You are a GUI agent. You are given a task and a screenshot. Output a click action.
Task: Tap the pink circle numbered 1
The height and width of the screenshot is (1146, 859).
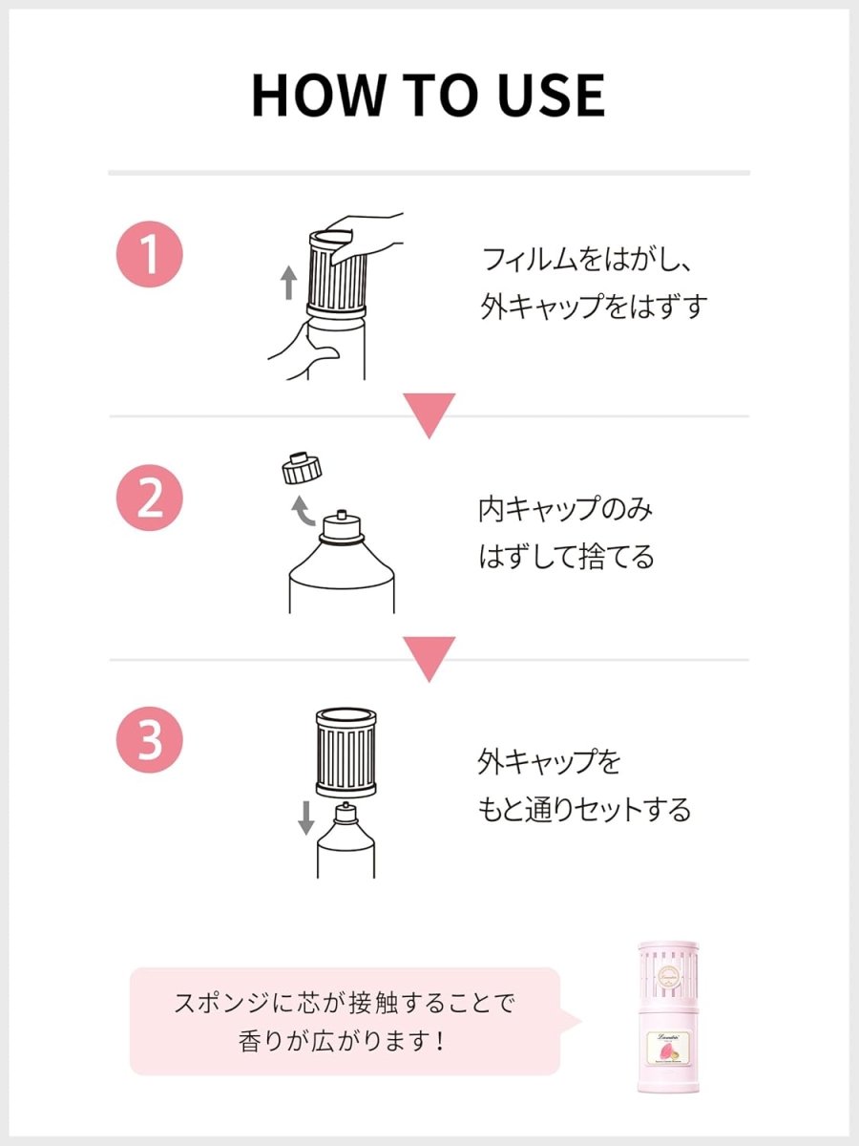[149, 256]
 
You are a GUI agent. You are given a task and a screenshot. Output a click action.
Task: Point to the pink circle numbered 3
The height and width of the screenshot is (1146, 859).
[149, 740]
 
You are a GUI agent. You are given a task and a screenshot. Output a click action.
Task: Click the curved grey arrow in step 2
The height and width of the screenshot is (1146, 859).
[304, 513]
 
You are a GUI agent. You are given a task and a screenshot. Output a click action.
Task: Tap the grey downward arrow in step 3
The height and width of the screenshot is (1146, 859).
[305, 817]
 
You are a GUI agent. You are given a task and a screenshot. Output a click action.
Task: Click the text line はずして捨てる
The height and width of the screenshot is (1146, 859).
[566, 557]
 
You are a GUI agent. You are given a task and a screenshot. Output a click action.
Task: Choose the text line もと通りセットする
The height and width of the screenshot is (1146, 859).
[583, 810]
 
